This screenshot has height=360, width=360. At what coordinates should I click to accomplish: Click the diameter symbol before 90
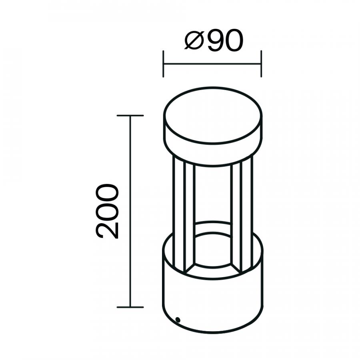(x=194, y=40)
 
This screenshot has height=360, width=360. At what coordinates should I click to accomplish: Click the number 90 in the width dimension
(x=225, y=40)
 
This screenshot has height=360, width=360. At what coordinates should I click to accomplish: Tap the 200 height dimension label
(x=107, y=211)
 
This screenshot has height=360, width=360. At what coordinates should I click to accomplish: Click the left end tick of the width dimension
(x=163, y=64)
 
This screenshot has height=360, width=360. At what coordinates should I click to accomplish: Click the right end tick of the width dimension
(x=261, y=64)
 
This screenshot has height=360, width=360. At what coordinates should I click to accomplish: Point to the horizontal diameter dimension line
(x=212, y=64)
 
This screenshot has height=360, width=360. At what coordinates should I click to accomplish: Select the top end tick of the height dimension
(x=130, y=116)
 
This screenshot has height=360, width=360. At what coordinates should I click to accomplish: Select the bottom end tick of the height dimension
(x=130, y=307)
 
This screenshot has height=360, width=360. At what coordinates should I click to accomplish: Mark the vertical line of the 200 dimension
(x=130, y=211)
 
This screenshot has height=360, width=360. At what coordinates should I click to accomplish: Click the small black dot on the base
(x=178, y=320)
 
